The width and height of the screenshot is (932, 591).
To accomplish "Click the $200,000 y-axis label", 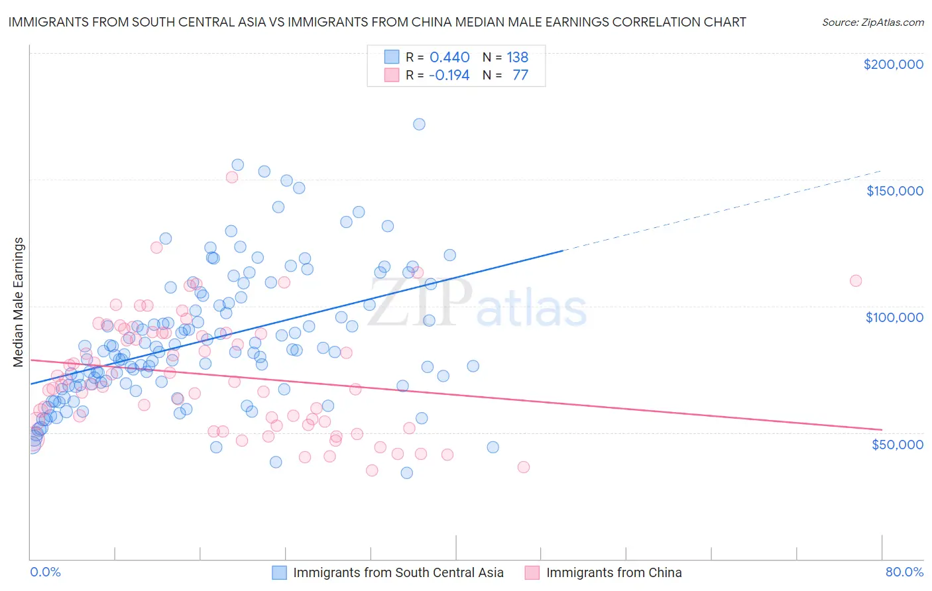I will pyautogui.click(x=893, y=64).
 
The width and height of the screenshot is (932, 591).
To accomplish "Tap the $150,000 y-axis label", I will pyautogui.click(x=894, y=191).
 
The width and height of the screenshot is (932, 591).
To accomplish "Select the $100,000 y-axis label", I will pyautogui.click(x=894, y=317).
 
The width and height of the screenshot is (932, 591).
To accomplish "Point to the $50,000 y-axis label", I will pyautogui.click(x=897, y=444).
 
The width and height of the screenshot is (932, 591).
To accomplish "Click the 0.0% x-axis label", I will pyautogui.click(x=45, y=572).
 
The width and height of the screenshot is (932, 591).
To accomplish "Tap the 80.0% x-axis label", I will pyautogui.click(x=904, y=572).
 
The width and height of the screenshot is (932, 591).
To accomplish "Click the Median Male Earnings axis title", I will pyautogui.click(x=19, y=302).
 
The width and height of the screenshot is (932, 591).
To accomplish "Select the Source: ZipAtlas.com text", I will pyautogui.click(x=872, y=22).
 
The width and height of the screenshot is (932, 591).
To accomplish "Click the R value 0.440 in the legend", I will pyautogui.click(x=449, y=58).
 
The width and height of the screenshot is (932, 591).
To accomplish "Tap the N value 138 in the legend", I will pyautogui.click(x=517, y=58).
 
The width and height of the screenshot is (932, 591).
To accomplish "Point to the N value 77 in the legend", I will pyautogui.click(x=520, y=75).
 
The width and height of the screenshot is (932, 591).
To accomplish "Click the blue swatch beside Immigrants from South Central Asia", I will pyautogui.click(x=280, y=572).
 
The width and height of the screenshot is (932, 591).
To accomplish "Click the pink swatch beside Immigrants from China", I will pyautogui.click(x=532, y=572).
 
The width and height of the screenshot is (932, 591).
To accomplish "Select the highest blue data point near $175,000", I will pyautogui.click(x=419, y=124).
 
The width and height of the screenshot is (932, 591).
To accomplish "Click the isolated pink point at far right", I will pyautogui.click(x=855, y=280).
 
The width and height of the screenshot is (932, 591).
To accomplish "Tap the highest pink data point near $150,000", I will pyautogui.click(x=232, y=177).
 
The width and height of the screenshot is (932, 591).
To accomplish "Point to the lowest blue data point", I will pyautogui.click(x=407, y=472).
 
